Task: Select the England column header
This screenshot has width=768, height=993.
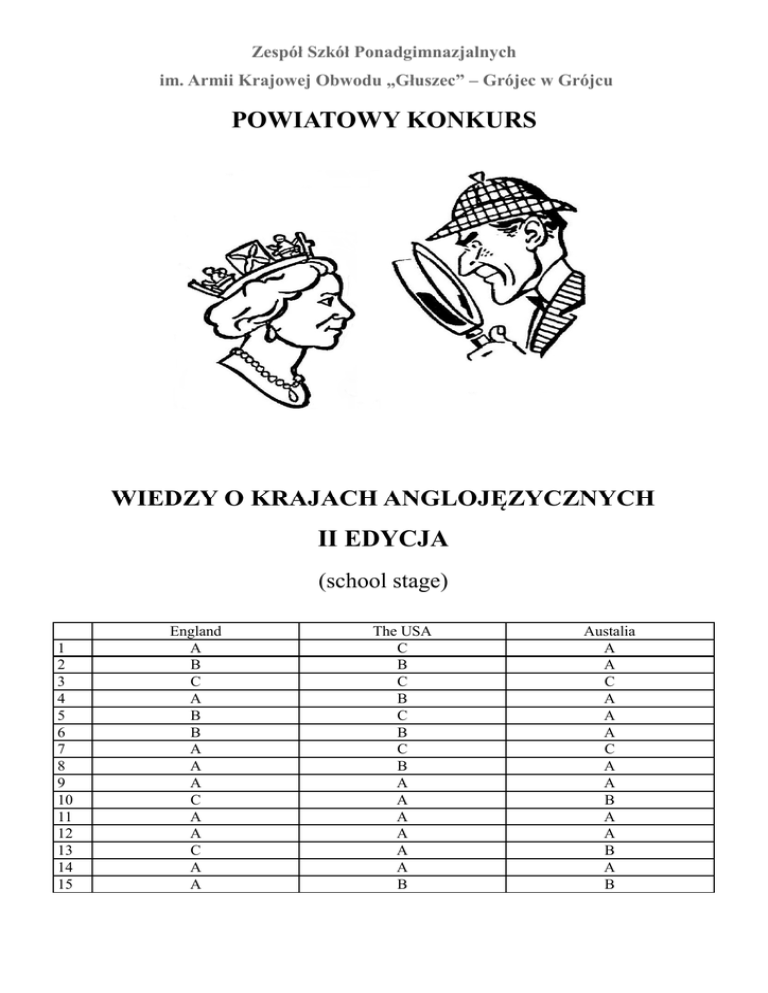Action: (x=196, y=631)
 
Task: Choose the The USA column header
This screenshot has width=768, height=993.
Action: (x=401, y=631)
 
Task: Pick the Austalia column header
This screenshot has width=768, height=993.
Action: (x=610, y=631)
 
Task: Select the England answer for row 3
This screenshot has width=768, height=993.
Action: (x=196, y=679)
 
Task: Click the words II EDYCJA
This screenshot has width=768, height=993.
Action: (x=384, y=540)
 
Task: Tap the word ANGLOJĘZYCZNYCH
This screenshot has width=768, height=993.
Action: (x=524, y=496)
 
